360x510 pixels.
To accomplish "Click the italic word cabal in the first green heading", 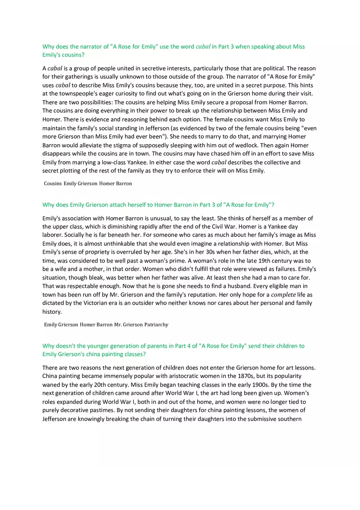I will coord(203,47).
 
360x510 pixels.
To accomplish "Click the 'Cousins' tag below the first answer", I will coord(53,184).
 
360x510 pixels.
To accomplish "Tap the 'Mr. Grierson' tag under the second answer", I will coord(128,325).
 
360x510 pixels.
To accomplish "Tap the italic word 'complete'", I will coord(283,294).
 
